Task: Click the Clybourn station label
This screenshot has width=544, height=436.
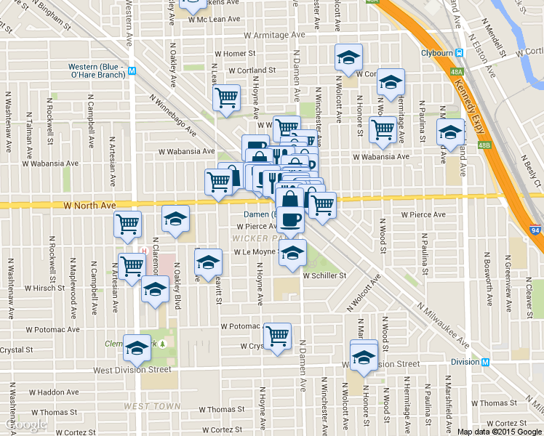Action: point(436,53)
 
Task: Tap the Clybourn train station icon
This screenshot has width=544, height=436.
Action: point(460,53)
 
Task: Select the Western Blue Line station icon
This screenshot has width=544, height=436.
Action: point(132,71)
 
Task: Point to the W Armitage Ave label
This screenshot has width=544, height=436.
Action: point(274,35)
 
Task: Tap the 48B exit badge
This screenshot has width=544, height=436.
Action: point(484,145)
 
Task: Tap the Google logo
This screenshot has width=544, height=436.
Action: point(25,424)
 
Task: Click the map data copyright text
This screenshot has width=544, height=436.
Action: point(499,432)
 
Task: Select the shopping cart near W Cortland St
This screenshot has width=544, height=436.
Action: point(226,98)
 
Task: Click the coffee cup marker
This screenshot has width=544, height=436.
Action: point(290,219)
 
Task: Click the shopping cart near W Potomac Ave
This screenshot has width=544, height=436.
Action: point(277,336)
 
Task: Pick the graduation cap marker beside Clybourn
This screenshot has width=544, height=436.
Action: point(450,132)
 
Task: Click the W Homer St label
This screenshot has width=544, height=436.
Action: point(235,53)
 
